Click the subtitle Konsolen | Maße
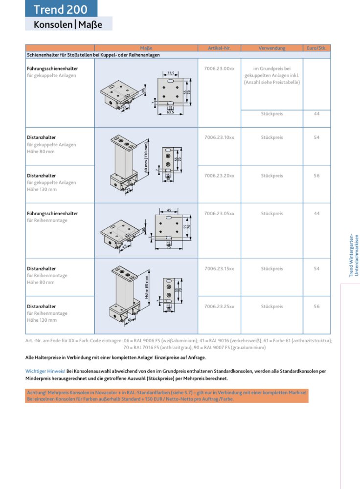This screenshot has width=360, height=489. tap(68, 24)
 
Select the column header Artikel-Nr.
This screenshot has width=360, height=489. tap(219, 48)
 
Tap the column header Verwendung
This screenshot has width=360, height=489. tap(271, 48)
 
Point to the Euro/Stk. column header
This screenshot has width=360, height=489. tap(316, 48)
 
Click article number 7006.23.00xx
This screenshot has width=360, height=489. tap(219, 69)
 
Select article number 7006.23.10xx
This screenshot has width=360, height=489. tap(219, 138)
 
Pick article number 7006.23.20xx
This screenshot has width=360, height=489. tap(219, 176)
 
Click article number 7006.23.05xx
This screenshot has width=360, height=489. tap(219, 214)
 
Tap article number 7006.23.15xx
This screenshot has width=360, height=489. tap(219, 269)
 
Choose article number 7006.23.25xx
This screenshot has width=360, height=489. tap(219, 307)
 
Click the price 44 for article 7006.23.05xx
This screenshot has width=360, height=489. tap(316, 214)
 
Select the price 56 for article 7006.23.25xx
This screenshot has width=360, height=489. tap(316, 307)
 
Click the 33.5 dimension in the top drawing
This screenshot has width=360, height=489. tap(171, 73)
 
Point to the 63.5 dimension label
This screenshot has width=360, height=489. tap(170, 112)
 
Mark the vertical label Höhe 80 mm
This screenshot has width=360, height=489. tap(146, 287)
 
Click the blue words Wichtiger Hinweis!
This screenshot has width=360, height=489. tap(45, 371)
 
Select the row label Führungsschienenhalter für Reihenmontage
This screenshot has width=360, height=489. tap(52, 217)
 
